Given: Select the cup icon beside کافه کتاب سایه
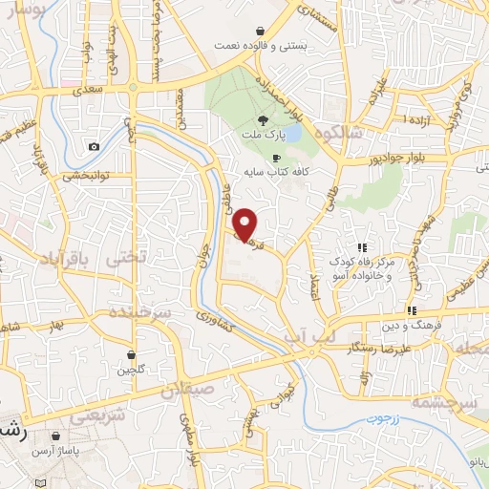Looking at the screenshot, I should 276,159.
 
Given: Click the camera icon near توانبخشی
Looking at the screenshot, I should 94,146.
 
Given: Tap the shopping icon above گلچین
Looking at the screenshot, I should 130,354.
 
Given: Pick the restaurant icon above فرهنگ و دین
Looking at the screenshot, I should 412,310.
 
